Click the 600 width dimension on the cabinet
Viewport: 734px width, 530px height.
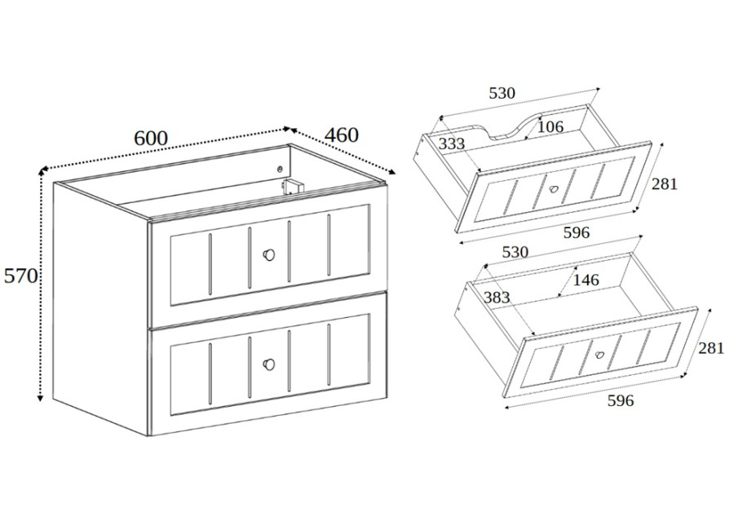click(151, 138)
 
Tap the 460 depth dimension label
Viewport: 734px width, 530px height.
click(342, 135)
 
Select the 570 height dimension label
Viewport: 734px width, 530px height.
click(20, 276)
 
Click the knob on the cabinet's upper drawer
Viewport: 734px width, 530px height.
click(268, 254)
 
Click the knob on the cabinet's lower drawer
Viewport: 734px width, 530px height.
click(268, 364)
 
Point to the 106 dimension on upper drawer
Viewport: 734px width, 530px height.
click(550, 126)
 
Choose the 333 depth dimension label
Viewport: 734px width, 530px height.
click(452, 144)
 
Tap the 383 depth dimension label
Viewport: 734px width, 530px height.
click(497, 298)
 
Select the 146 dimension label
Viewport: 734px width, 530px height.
click(586, 280)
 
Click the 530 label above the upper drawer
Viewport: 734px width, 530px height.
click(502, 93)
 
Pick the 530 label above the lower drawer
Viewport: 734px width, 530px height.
click(515, 252)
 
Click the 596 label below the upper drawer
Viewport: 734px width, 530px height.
click(577, 232)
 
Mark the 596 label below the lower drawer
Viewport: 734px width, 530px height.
click(621, 401)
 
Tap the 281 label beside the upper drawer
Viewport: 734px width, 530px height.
click(665, 184)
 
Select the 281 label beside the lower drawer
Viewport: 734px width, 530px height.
click(711, 348)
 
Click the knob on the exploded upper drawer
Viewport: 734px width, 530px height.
click(555, 189)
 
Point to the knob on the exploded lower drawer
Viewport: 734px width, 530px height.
click(599, 355)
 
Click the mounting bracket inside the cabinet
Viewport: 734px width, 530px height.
click(293, 186)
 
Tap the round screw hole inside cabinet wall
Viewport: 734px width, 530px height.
click(280, 169)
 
